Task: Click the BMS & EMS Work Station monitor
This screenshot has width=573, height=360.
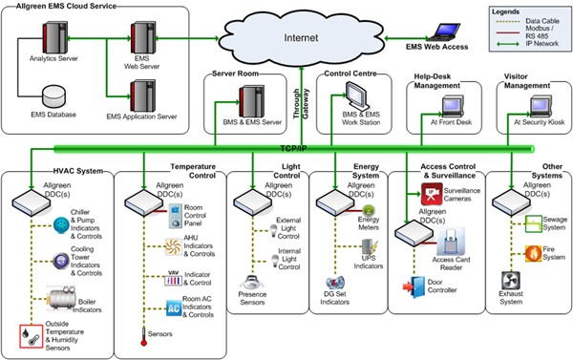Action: [357, 97]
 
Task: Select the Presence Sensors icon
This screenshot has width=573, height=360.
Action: [253, 284]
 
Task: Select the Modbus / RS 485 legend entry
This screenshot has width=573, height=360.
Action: [541, 26]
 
